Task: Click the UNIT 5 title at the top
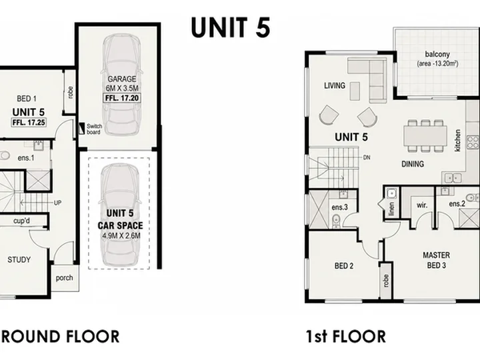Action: [x=231, y=27]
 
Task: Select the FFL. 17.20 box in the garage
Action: [x=122, y=98]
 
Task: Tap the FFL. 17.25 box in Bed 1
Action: [x=29, y=123]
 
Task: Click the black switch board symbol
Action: [x=81, y=129]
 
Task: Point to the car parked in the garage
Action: [x=121, y=85]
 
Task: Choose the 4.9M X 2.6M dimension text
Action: [x=121, y=236]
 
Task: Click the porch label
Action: [x=64, y=278]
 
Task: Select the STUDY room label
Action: [x=19, y=260]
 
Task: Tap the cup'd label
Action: [x=21, y=221]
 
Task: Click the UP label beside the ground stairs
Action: [x=57, y=203]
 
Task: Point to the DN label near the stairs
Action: [x=367, y=157]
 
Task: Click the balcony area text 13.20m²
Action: [x=437, y=64]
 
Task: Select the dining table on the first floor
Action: [x=425, y=136]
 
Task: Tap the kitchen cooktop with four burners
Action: [x=473, y=143]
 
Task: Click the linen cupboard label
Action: [x=391, y=209]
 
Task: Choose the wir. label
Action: [x=422, y=205]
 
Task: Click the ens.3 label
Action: [x=340, y=207]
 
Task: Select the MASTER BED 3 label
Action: [x=437, y=260]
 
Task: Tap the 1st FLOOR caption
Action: [x=346, y=337]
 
